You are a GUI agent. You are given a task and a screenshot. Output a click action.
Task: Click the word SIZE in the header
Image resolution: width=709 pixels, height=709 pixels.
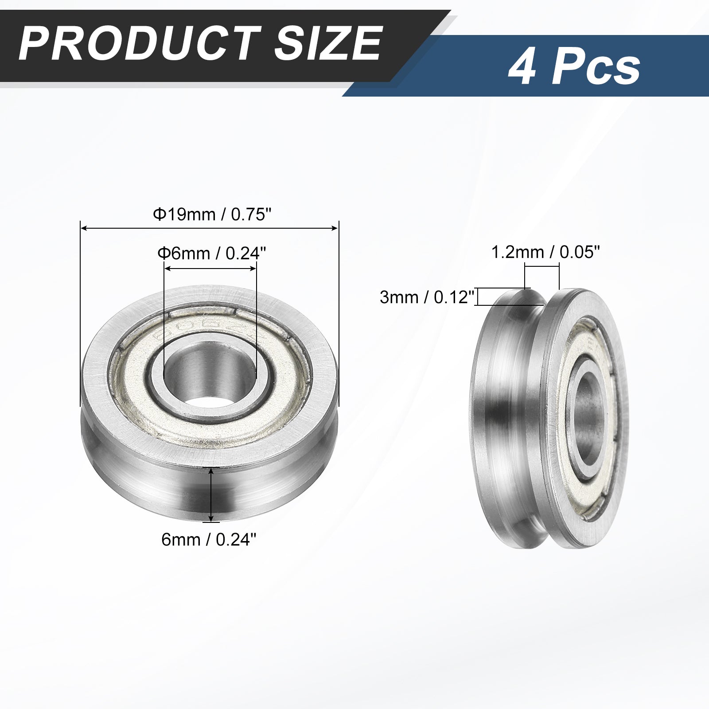(x=328, y=43)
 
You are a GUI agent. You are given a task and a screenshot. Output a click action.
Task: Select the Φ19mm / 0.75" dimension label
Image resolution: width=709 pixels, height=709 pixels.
(x=212, y=214)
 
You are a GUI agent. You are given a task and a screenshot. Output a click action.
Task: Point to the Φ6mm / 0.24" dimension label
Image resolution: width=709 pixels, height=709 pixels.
(x=212, y=253)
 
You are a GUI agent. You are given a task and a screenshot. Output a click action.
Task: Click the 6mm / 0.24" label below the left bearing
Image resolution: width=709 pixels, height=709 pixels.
(x=209, y=539)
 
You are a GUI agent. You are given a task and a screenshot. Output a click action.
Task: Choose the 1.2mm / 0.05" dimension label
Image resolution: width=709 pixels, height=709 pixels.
(x=545, y=253)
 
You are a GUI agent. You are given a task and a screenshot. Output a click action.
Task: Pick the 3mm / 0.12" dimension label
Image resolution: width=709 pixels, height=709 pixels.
(x=427, y=297)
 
